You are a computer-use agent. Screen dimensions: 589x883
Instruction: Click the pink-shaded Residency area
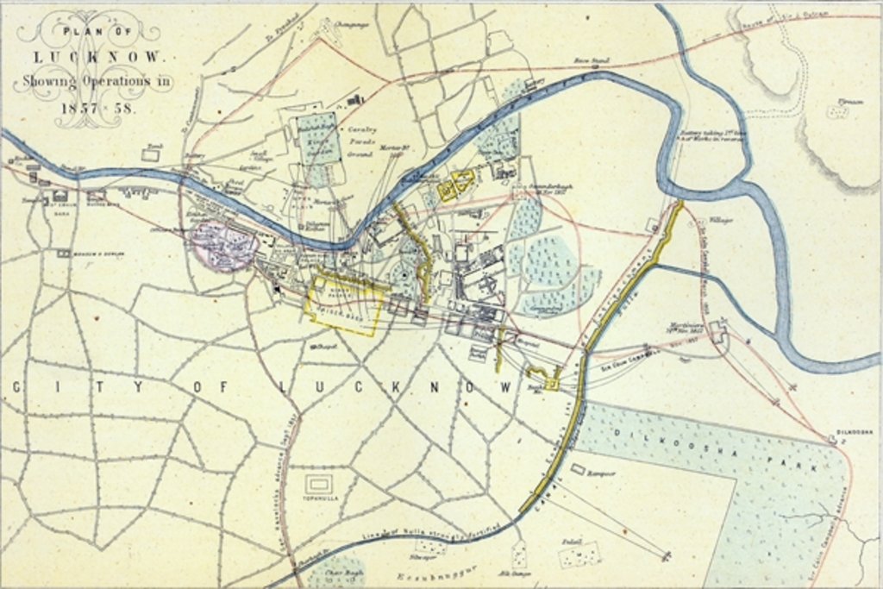[x=222, y=245]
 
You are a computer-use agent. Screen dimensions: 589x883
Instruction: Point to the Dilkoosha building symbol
[x=833, y=439]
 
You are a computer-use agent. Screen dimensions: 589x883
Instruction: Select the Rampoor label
[x=599, y=473]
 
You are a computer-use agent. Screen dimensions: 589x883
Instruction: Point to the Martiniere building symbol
[x=718, y=330]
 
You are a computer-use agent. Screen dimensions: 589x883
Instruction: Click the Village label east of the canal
[x=721, y=221]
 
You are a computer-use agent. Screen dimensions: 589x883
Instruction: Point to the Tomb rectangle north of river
[x=152, y=154]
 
